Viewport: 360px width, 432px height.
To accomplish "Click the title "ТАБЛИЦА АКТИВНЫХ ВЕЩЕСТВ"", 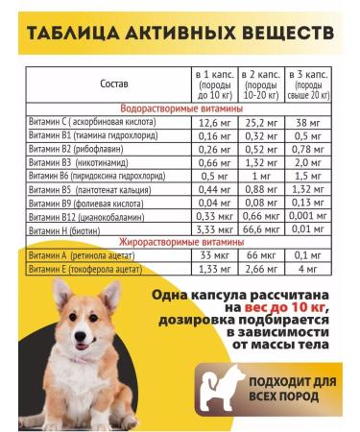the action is click(180, 34).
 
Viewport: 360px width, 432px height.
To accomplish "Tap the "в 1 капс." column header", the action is click(214, 84).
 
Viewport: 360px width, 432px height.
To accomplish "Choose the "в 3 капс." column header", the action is click(309, 84).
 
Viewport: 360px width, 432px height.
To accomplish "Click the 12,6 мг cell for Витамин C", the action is click(214, 123).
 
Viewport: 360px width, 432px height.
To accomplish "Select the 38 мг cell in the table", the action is click(309, 123).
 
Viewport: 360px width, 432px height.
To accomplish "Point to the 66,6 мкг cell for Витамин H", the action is click(261, 231).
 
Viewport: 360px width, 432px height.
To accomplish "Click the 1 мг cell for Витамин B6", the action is click(261, 177).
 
